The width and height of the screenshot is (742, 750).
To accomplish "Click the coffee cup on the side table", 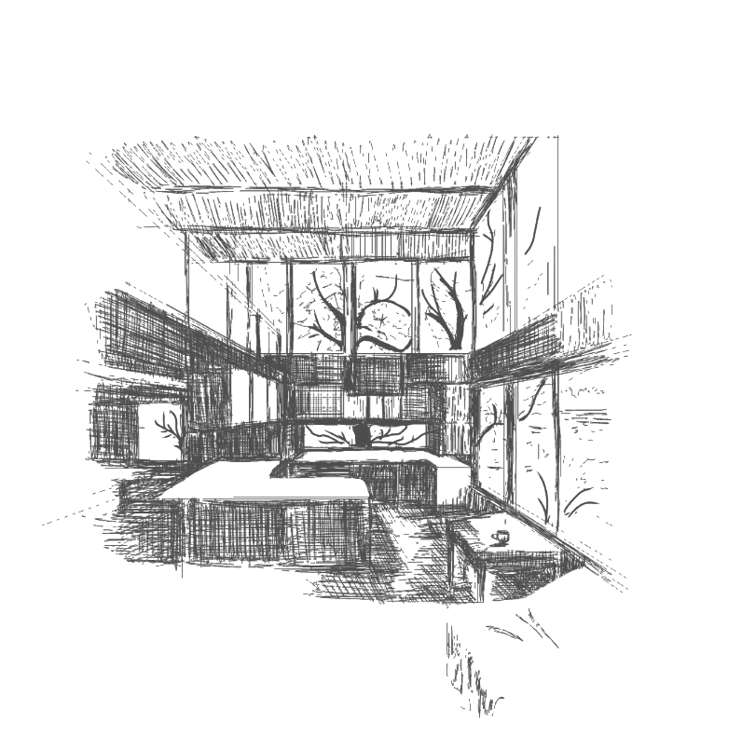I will pos(501,537).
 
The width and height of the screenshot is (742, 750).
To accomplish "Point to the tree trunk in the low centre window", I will pos(360,435).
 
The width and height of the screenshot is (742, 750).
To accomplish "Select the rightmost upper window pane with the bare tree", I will pos(444,307).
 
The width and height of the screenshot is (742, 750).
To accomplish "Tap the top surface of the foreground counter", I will pos(270,484).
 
